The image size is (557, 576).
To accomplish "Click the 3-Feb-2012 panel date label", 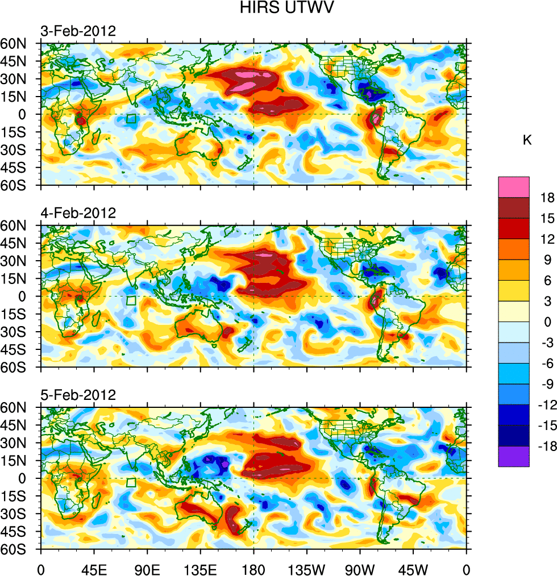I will (x=78, y=31).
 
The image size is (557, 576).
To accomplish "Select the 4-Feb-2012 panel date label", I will (x=78, y=213).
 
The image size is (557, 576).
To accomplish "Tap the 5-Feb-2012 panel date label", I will (x=78, y=395).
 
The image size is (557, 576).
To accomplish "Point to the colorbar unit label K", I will (x=527, y=140).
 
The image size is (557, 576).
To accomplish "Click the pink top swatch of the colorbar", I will (x=514, y=187).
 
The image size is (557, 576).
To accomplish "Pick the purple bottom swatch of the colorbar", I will (x=514, y=456).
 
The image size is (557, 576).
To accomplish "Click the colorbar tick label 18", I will (x=547, y=197).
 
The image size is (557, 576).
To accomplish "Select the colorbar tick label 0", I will (x=547, y=322).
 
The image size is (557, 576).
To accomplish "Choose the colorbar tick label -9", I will (x=547, y=384).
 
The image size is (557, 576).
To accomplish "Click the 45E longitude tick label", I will (x=94, y=568).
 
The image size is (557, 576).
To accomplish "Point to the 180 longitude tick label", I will (x=253, y=568).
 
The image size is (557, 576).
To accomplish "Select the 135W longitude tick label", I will (x=307, y=568).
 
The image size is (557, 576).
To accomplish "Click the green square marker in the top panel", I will (x=131, y=119).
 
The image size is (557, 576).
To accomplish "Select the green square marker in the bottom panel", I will (x=131, y=483).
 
